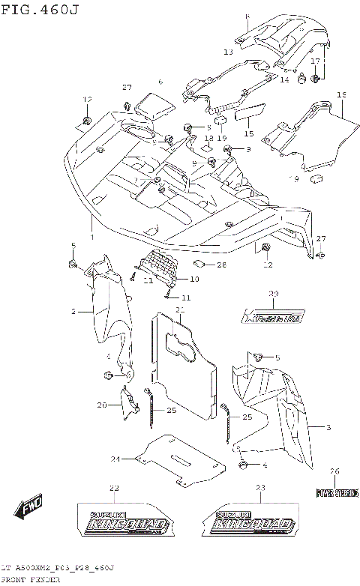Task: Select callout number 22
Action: (114, 489)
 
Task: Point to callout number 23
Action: (259, 489)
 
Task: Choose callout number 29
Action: (274, 294)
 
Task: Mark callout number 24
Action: (115, 459)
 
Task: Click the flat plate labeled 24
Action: (180, 458)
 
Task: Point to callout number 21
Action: (180, 309)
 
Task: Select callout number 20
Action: (102, 404)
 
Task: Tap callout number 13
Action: (228, 52)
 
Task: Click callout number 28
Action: (221, 265)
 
